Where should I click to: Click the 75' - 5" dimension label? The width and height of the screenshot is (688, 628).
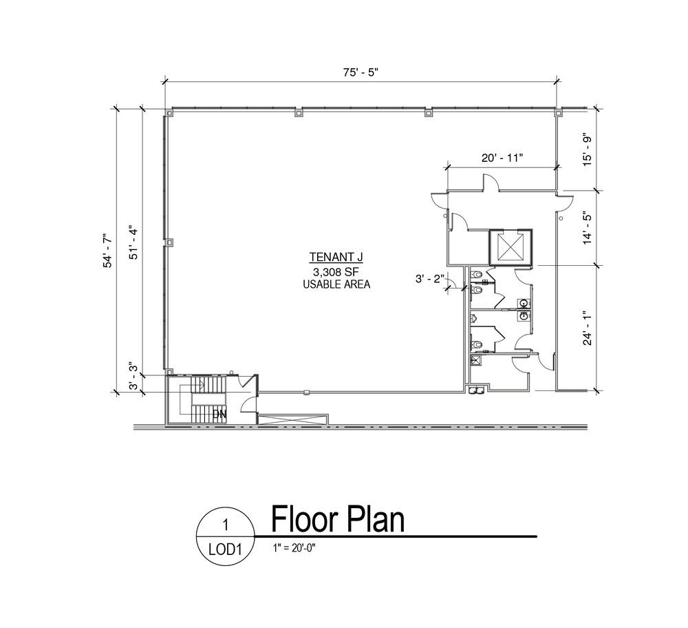(361, 72)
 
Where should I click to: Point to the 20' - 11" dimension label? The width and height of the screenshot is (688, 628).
(502, 158)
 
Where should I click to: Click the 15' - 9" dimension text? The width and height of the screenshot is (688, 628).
(587, 149)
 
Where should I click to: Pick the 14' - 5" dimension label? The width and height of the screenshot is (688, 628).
(587, 229)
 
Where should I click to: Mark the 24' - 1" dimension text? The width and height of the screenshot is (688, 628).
(587, 328)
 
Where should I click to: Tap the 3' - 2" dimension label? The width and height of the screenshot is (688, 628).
(430, 278)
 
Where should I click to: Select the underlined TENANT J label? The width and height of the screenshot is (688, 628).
(336, 257)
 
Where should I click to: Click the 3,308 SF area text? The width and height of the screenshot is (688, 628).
(336, 271)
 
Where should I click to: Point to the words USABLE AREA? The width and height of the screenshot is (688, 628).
(336, 284)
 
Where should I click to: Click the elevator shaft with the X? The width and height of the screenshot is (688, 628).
(510, 247)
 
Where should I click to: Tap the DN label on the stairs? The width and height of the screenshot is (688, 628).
(219, 414)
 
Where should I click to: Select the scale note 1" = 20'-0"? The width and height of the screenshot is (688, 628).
(294, 547)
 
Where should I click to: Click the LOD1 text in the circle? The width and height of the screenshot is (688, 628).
(226, 549)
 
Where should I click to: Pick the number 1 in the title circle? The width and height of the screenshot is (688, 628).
(226, 525)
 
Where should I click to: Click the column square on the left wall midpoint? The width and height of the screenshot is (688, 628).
(169, 242)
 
